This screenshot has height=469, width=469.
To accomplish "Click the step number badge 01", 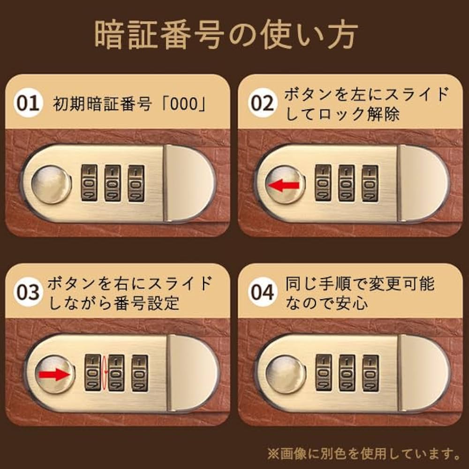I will click(27, 103).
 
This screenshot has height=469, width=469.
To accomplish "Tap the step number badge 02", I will click(262, 103).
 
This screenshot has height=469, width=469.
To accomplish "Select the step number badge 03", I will click(28, 292).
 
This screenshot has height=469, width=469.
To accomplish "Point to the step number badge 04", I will click(262, 292).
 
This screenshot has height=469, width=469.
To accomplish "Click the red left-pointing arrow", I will click(283, 186).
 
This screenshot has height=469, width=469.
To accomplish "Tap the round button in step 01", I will click(51, 184).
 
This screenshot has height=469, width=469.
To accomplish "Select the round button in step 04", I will click(285, 374).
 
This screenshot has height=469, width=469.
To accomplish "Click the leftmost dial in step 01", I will click(89, 183).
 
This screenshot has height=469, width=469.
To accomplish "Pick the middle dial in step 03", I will click(116, 373).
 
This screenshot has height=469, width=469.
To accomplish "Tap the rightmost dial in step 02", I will click(370, 183).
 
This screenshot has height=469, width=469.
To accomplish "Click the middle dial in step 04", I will click(347, 373).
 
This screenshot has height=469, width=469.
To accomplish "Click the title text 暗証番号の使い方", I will click(226, 35).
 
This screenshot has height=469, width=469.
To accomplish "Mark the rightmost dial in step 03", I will click(139, 373).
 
